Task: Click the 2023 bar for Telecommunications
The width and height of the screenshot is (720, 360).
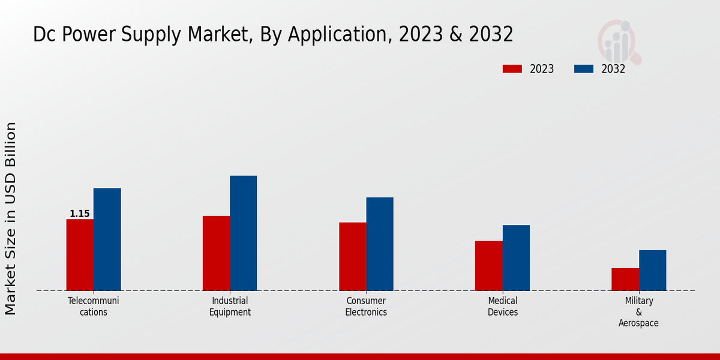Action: (x=80, y=255)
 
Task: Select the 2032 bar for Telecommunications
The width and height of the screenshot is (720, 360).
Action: (x=107, y=239)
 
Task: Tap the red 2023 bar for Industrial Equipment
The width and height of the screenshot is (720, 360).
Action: (x=216, y=253)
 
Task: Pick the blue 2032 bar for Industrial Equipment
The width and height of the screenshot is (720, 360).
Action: (x=243, y=233)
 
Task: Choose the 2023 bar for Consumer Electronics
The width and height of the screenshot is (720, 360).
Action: (x=352, y=257)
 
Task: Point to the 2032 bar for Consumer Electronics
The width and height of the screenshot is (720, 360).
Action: (x=380, y=244)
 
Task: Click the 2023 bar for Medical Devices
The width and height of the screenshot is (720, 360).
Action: (x=488, y=266)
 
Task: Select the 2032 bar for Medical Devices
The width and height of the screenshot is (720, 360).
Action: (x=516, y=258)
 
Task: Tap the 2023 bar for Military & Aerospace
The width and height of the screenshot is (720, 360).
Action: (x=625, y=280)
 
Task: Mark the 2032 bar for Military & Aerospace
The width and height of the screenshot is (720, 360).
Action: (x=652, y=271)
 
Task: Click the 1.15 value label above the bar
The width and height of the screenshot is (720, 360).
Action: (x=80, y=214)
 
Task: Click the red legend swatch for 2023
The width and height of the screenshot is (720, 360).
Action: (x=512, y=69)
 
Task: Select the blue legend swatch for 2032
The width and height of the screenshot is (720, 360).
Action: (x=583, y=69)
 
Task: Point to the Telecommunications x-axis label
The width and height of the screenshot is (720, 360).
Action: (x=94, y=306)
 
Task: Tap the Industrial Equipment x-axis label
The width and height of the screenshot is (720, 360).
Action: (x=230, y=306)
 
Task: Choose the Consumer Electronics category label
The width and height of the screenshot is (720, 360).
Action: (x=366, y=306)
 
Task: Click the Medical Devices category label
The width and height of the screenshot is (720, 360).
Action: (x=503, y=306)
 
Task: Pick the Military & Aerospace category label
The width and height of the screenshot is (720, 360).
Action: (x=638, y=312)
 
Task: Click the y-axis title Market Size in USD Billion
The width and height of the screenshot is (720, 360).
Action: (x=11, y=218)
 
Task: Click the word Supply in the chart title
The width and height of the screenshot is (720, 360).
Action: (x=155, y=35)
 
